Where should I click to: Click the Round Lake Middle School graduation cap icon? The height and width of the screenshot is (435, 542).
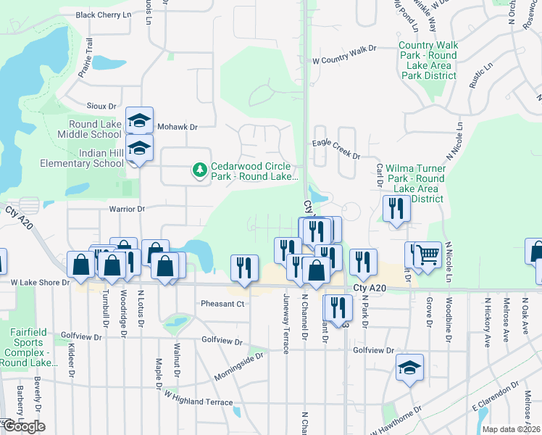point(140,120)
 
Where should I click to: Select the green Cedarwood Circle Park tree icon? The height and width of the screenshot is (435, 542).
point(199,170)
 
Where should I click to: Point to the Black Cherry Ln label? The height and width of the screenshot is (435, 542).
point(106,14)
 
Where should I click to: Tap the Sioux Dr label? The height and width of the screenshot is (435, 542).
point(101,106)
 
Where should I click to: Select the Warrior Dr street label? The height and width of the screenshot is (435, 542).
point(127,209)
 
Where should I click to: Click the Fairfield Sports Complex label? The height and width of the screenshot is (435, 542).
point(29,347)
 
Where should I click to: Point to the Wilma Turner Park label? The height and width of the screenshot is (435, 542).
point(415,178)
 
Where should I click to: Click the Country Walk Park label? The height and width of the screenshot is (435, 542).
point(428,60)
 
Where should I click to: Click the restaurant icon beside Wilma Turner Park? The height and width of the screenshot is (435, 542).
point(396,210)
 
